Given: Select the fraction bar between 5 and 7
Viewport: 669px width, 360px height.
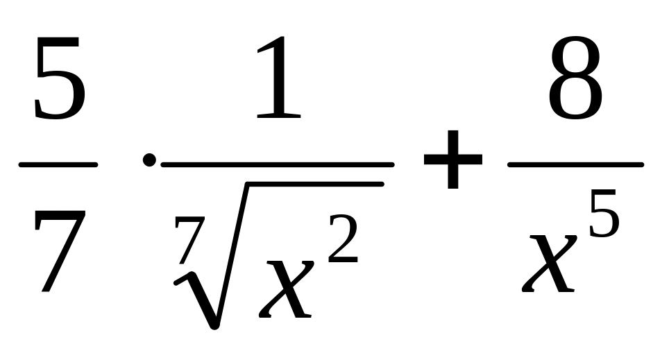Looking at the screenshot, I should pos(58,165).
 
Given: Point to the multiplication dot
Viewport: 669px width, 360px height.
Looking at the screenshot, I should pos(149,161).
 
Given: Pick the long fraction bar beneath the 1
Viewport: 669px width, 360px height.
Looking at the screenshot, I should pos(278,165).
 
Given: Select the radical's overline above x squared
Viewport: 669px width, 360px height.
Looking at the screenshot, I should pos(312,184).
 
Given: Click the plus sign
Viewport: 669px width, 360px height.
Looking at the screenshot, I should pos(453,162).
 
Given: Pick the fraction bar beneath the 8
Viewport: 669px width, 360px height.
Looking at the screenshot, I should pos(575,165).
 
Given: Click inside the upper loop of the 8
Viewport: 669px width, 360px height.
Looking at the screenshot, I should pos(575,59).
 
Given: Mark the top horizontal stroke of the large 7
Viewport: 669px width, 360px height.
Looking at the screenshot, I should pos(61,216).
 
